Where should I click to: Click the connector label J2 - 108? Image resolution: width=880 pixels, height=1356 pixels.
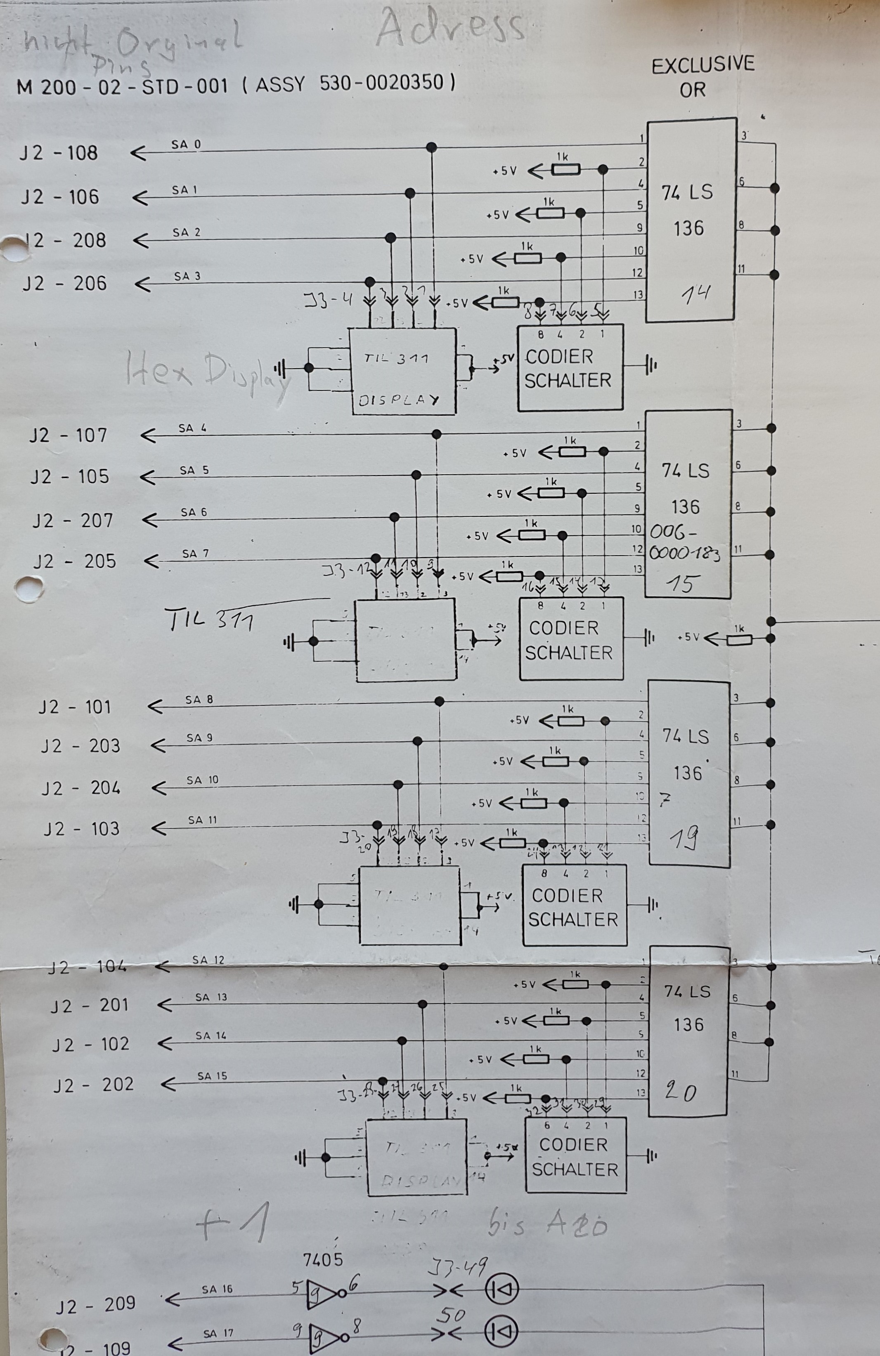[59, 153]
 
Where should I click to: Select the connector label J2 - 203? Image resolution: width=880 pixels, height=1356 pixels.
[80, 746]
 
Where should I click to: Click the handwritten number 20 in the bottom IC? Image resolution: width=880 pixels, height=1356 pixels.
[681, 1092]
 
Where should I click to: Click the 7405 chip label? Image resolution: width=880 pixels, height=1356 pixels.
[323, 1259]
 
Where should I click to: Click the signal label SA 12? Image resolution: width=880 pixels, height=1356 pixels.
[208, 960]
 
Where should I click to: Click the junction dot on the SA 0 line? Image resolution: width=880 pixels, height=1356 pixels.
[432, 147]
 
